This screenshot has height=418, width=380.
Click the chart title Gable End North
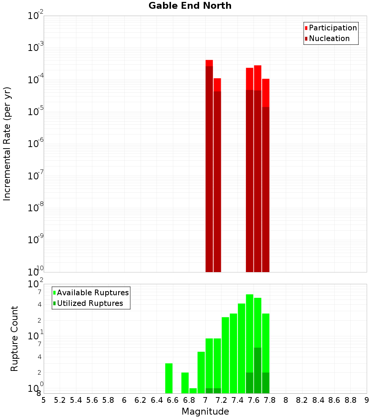pyautogui.click(x=190, y=6)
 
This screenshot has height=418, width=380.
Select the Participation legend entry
pyautogui.click(x=332, y=28)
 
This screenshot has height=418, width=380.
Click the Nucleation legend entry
pyautogui.click(x=329, y=38)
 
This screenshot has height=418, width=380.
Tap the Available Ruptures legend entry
pyautogui.click(x=92, y=293)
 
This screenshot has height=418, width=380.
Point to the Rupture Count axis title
pyautogui.click(x=14, y=339)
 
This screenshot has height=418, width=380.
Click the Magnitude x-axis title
pyautogui.click(x=205, y=412)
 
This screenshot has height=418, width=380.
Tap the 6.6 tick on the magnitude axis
pyautogui.click(x=173, y=400)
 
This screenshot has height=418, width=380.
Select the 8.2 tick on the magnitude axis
pyautogui.click(x=302, y=400)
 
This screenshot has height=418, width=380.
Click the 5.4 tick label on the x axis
pyautogui.click(x=76, y=400)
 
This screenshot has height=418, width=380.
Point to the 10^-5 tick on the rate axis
pyautogui.click(x=36, y=112)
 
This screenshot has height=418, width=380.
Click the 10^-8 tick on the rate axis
pyautogui.click(x=36, y=208)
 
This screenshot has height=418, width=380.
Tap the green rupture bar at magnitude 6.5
pyautogui.click(x=169, y=378)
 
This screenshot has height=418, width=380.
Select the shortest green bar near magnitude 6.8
pyautogui.click(x=193, y=391)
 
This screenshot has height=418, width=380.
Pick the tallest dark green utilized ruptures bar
pyautogui.click(x=258, y=370)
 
